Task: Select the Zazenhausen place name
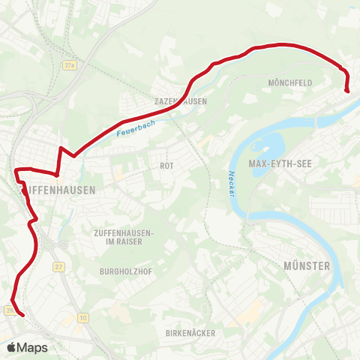click(179, 100)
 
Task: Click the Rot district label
click(166, 165)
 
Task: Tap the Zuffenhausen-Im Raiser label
click(124, 237)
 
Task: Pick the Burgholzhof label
click(121, 271)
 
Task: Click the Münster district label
click(307, 266)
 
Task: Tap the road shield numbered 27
click(59, 266)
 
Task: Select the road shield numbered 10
click(82, 318)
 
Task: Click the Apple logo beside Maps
click(11, 347)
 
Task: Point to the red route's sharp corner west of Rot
click(61, 148)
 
